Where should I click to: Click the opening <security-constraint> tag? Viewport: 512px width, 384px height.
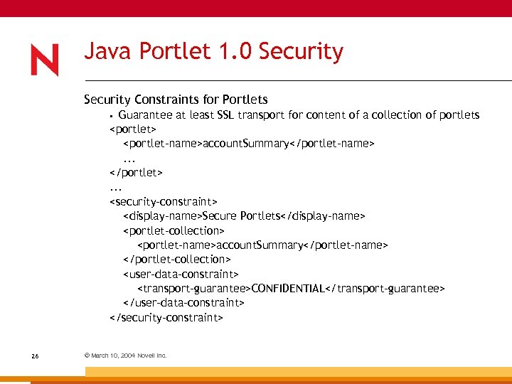pyautogui.click(x=164, y=201)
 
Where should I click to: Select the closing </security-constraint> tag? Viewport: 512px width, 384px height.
pyautogui.click(x=166, y=318)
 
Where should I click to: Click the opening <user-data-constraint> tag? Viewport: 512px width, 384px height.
pyautogui.click(x=181, y=274)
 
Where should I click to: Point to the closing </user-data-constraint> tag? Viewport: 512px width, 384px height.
pyautogui.click(x=183, y=303)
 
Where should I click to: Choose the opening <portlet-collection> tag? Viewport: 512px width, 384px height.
pyautogui.click(x=174, y=230)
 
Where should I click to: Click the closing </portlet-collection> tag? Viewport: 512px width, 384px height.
pyautogui.click(x=176, y=260)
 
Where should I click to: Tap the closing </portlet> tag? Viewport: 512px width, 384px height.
pyautogui.click(x=136, y=172)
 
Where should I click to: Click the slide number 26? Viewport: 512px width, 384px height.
pyautogui.click(x=35, y=356)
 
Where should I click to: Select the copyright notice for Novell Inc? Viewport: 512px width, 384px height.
pyautogui.click(x=125, y=356)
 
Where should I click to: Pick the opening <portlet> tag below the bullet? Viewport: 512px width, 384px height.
pyautogui.click(x=133, y=129)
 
